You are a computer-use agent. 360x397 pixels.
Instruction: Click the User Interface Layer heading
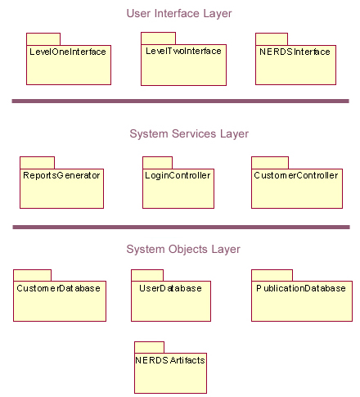pyautogui.click(x=179, y=14)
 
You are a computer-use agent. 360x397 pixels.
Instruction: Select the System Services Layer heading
pyautogui.click(x=189, y=134)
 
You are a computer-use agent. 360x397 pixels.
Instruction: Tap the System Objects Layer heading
pyautogui.click(x=183, y=250)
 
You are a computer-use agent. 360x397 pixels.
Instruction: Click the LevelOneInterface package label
pyautogui.click(x=68, y=52)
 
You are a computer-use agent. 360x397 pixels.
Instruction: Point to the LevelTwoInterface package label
pyautogui.click(x=183, y=51)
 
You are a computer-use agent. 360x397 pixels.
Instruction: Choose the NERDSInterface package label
pyautogui.click(x=295, y=52)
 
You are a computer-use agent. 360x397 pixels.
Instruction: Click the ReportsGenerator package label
pyautogui.click(x=61, y=175)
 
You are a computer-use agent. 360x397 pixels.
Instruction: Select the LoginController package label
pyautogui.click(x=178, y=175)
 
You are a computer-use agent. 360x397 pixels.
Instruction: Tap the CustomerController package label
pyautogui.click(x=296, y=175)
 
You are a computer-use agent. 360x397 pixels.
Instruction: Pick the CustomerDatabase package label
pyautogui.click(x=58, y=288)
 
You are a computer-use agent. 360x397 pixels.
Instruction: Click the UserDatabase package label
pyautogui.click(x=170, y=288)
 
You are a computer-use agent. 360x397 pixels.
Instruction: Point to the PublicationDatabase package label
pyautogui.click(x=301, y=288)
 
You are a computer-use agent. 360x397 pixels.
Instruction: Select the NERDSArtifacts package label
pyautogui.click(x=170, y=360)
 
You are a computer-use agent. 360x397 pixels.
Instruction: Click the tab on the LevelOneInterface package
pyautogui.click(x=43, y=39)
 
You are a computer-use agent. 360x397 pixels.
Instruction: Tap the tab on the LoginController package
pyautogui.click(x=158, y=163)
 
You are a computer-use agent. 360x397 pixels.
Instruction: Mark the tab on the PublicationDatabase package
pyautogui.click(x=272, y=276)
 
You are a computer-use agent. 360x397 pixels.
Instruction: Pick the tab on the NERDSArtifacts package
pyautogui.click(x=150, y=347)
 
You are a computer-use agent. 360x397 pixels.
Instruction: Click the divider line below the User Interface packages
pyautogui.click(x=181, y=102)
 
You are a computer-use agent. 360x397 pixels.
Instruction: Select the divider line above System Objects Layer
pyautogui.click(x=182, y=228)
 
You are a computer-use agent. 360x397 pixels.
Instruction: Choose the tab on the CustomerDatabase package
pyautogui.click(x=33, y=276)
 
